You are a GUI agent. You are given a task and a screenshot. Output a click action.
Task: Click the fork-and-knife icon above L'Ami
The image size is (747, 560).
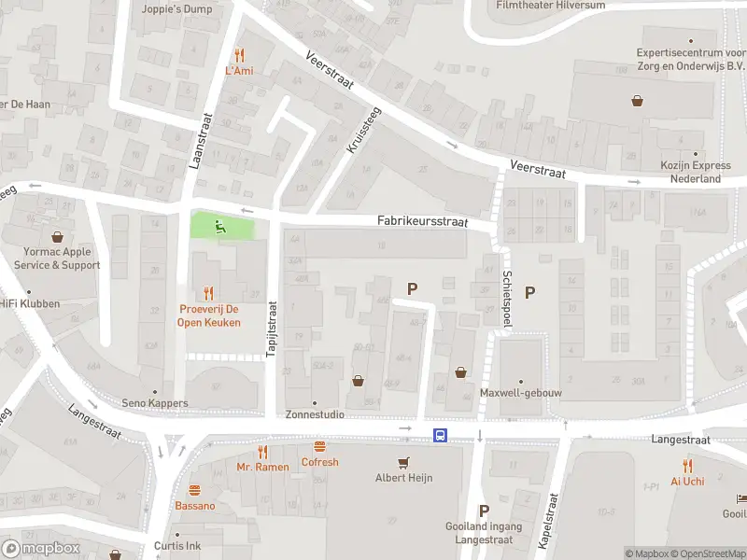click(239, 54)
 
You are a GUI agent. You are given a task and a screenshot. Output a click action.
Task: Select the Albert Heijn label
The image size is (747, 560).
click(403, 478)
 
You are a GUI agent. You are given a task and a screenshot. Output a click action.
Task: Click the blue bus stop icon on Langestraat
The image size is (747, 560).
click(439, 435)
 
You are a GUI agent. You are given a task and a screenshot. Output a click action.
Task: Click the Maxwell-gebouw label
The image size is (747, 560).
click(521, 393)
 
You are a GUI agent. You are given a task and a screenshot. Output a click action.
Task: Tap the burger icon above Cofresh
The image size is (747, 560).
click(319, 447)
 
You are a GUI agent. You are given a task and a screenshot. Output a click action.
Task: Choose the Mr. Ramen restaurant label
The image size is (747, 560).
click(262, 467)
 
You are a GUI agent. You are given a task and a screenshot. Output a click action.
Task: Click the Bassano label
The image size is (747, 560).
click(194, 506)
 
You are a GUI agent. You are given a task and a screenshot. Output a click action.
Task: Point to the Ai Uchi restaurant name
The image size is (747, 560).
click(687, 482)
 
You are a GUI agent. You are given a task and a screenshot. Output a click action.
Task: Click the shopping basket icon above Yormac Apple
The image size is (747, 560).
click(57, 237)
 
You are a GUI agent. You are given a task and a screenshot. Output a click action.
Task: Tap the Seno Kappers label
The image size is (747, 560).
click(155, 403)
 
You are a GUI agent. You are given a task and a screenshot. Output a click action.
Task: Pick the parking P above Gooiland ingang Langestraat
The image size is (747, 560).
click(484, 511)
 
